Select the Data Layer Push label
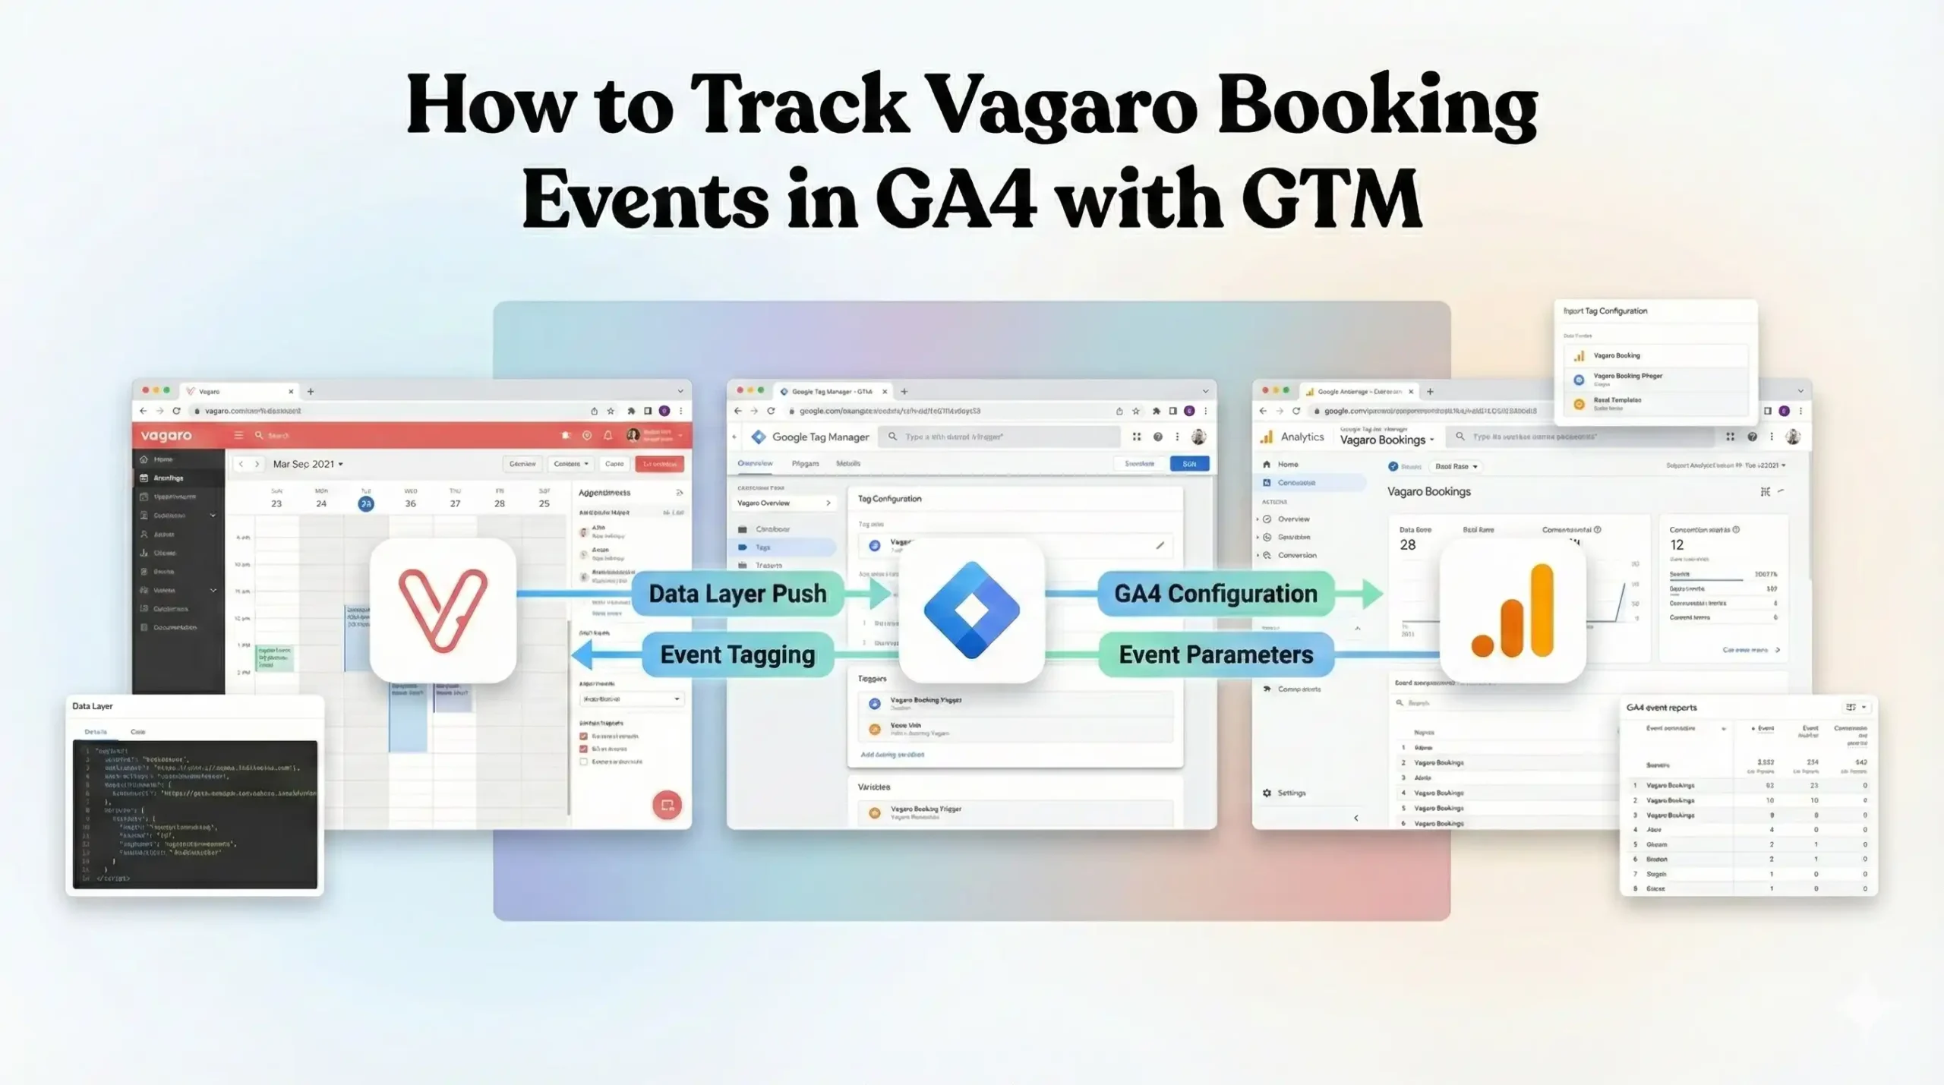pos(737,594)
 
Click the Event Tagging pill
pos(737,654)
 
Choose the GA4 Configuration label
pos(1215,594)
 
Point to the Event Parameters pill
pos(1215,654)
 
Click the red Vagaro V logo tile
pos(443,610)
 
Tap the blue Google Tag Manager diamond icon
pos(971,610)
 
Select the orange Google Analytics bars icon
pos(1513,610)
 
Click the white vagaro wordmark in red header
pos(166,436)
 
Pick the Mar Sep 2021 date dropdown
pos(308,464)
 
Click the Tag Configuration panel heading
pos(889,499)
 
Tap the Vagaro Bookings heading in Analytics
pos(1428,492)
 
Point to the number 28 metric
pos(1407,545)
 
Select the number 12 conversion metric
pos(1677,545)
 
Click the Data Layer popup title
pos(92,706)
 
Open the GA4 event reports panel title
pos(1661,708)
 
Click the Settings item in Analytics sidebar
pos(1290,793)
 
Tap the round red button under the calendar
pos(667,805)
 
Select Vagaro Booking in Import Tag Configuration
pos(1616,355)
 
